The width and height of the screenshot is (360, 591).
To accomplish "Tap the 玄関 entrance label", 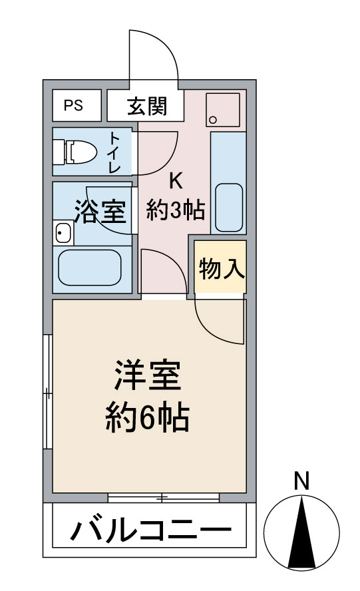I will (x=146, y=106).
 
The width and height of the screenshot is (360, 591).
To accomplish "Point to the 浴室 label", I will (x=100, y=211).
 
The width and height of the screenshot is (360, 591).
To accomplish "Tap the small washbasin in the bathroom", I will (x=63, y=233).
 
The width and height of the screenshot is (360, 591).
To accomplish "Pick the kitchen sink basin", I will (x=228, y=204).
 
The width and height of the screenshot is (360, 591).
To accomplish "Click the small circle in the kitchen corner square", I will (x=213, y=120).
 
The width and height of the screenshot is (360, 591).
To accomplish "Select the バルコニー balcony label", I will (x=151, y=532).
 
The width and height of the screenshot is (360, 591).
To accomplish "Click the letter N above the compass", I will (x=302, y=481).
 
